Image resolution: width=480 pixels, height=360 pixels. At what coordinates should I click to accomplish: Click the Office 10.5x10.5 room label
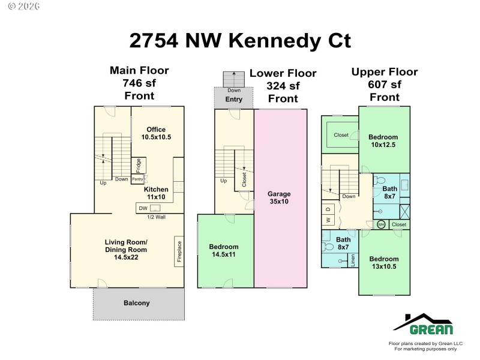tap(156, 133)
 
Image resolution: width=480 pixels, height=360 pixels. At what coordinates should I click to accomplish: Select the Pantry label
tap(137, 179)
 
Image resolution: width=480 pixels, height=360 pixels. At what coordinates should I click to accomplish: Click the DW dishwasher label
tap(143, 208)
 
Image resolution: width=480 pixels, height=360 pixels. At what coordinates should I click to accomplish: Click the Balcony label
tap(137, 303)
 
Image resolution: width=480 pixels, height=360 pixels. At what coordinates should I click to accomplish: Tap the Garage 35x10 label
tap(279, 197)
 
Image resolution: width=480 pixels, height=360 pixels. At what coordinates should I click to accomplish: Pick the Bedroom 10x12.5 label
tap(384, 141)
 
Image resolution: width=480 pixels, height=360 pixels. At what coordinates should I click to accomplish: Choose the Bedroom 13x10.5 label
tap(384, 263)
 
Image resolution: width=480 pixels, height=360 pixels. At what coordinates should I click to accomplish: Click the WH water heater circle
tap(381, 225)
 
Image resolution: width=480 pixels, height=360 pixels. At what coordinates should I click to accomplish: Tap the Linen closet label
tap(353, 259)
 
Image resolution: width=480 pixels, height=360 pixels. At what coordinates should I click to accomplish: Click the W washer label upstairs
tap(328, 220)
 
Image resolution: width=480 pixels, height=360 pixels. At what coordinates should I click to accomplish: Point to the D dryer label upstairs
tap(328, 209)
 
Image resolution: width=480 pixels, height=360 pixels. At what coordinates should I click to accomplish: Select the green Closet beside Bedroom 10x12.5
tap(340, 135)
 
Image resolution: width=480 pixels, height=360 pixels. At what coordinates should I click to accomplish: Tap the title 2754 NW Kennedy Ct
tap(240, 40)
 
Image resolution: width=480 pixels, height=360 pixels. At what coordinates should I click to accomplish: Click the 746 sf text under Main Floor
tap(139, 83)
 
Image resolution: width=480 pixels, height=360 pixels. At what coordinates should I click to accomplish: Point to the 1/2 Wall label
tap(155, 217)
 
